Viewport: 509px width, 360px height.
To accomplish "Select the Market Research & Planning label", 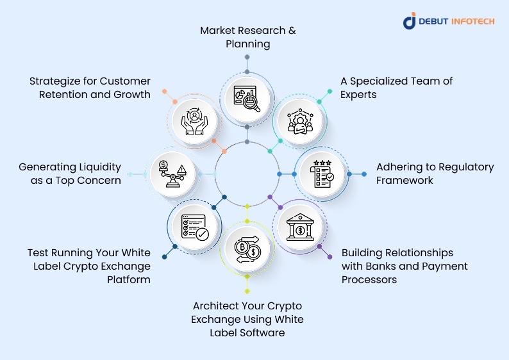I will coord(247,37).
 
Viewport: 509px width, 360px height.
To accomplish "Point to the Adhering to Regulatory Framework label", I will coord(435,174).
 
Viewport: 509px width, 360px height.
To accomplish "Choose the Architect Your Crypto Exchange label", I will coord(247,319).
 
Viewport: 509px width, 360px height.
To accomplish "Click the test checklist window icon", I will coord(194,227).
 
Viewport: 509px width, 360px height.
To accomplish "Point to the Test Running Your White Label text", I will coord(89,266).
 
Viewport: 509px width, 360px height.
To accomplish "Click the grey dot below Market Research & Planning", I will coord(247,58).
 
